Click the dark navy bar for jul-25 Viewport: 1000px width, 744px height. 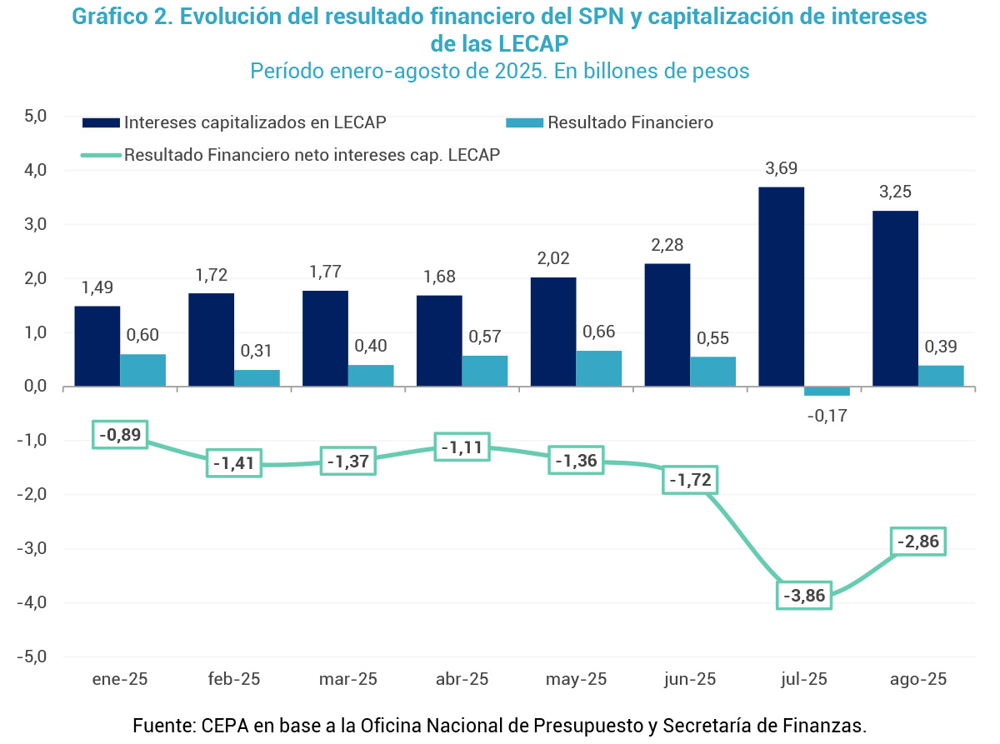click(x=781, y=287)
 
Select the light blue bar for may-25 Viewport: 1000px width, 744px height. click(x=598, y=368)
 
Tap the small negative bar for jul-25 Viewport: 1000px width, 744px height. click(x=827, y=391)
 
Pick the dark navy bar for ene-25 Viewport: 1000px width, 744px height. click(x=97, y=346)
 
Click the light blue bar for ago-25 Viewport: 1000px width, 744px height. click(x=941, y=376)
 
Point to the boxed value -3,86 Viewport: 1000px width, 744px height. click(x=804, y=596)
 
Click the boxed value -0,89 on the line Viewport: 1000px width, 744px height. click(x=119, y=434)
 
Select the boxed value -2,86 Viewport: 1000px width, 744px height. click(x=918, y=542)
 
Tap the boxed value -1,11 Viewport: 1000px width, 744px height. click(x=462, y=447)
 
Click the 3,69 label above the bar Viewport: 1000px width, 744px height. click(x=781, y=169)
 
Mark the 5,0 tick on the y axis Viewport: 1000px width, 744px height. click(x=34, y=115)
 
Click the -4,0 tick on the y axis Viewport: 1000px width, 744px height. click(x=32, y=602)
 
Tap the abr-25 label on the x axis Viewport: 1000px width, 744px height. click(x=462, y=679)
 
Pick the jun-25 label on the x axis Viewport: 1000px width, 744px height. click(x=690, y=679)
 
